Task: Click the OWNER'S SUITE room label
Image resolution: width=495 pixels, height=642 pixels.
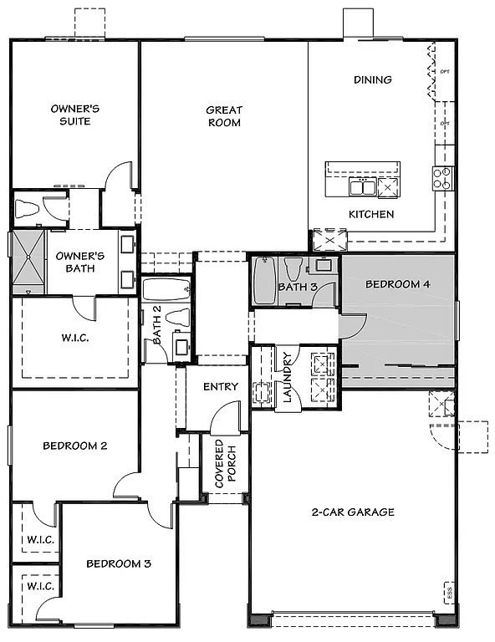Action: pyautogui.click(x=76, y=115)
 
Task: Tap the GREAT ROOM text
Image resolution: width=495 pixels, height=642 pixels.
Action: pyautogui.click(x=224, y=116)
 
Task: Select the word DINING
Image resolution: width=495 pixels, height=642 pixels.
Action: pyautogui.click(x=372, y=80)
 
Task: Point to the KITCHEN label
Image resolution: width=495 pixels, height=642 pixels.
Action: pyautogui.click(x=371, y=214)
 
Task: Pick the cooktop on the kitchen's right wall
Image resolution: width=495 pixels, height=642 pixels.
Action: pyautogui.click(x=441, y=178)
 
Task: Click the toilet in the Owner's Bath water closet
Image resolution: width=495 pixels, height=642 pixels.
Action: pyautogui.click(x=27, y=209)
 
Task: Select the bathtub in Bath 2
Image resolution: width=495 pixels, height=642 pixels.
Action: pyautogui.click(x=166, y=290)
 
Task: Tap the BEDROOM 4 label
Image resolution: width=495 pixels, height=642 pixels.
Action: pyautogui.click(x=398, y=284)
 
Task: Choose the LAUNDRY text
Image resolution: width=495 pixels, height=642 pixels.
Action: pyautogui.click(x=287, y=375)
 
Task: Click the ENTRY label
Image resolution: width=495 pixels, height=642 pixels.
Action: pyautogui.click(x=221, y=387)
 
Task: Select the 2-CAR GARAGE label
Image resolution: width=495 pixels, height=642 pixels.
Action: pyautogui.click(x=353, y=512)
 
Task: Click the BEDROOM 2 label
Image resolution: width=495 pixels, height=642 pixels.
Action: pyautogui.click(x=74, y=446)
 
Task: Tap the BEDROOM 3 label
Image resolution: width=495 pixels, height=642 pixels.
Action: pyautogui.click(x=119, y=563)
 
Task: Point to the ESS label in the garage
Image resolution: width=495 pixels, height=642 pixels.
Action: pyautogui.click(x=449, y=593)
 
